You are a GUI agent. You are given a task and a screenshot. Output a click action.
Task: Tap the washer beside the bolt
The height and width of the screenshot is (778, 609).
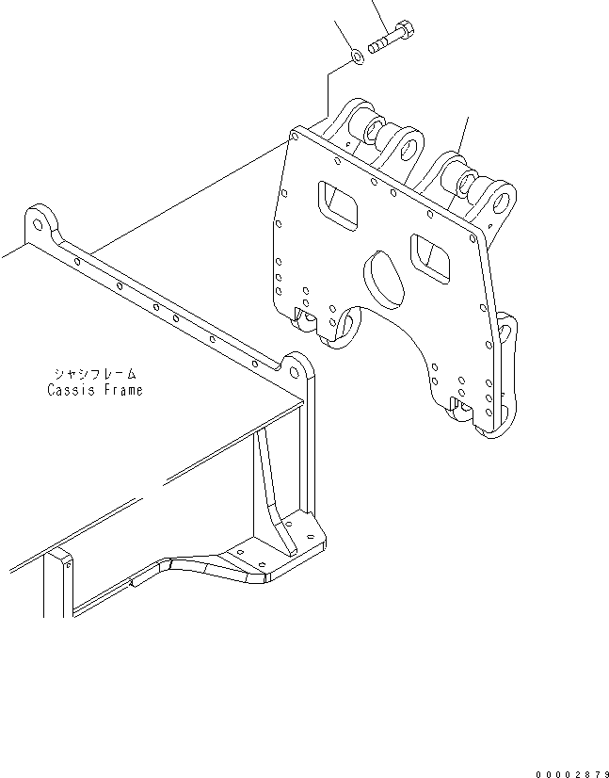tap(357, 59)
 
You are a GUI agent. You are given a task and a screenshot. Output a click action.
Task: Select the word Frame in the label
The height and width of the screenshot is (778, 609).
tap(121, 390)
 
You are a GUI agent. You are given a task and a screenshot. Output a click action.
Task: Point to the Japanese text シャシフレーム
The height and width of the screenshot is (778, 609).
tap(94, 374)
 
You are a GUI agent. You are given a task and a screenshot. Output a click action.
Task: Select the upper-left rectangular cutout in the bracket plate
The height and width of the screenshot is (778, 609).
tap(338, 204)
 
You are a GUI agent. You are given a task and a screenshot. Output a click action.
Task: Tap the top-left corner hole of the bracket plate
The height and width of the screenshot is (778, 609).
tap(296, 138)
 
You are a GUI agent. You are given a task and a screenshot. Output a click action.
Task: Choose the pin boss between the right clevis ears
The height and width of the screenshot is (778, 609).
tap(465, 178)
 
